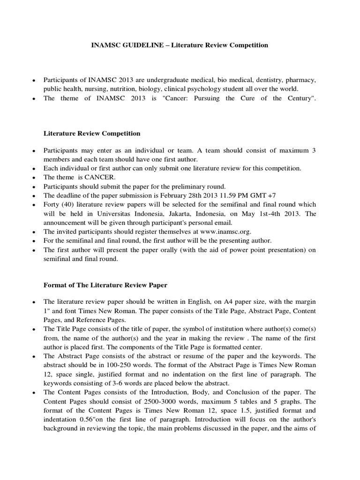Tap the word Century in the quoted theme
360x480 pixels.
point(300,98)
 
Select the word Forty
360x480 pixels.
point(52,204)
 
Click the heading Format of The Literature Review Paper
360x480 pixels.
point(105,285)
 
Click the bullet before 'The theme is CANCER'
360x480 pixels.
point(34,178)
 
